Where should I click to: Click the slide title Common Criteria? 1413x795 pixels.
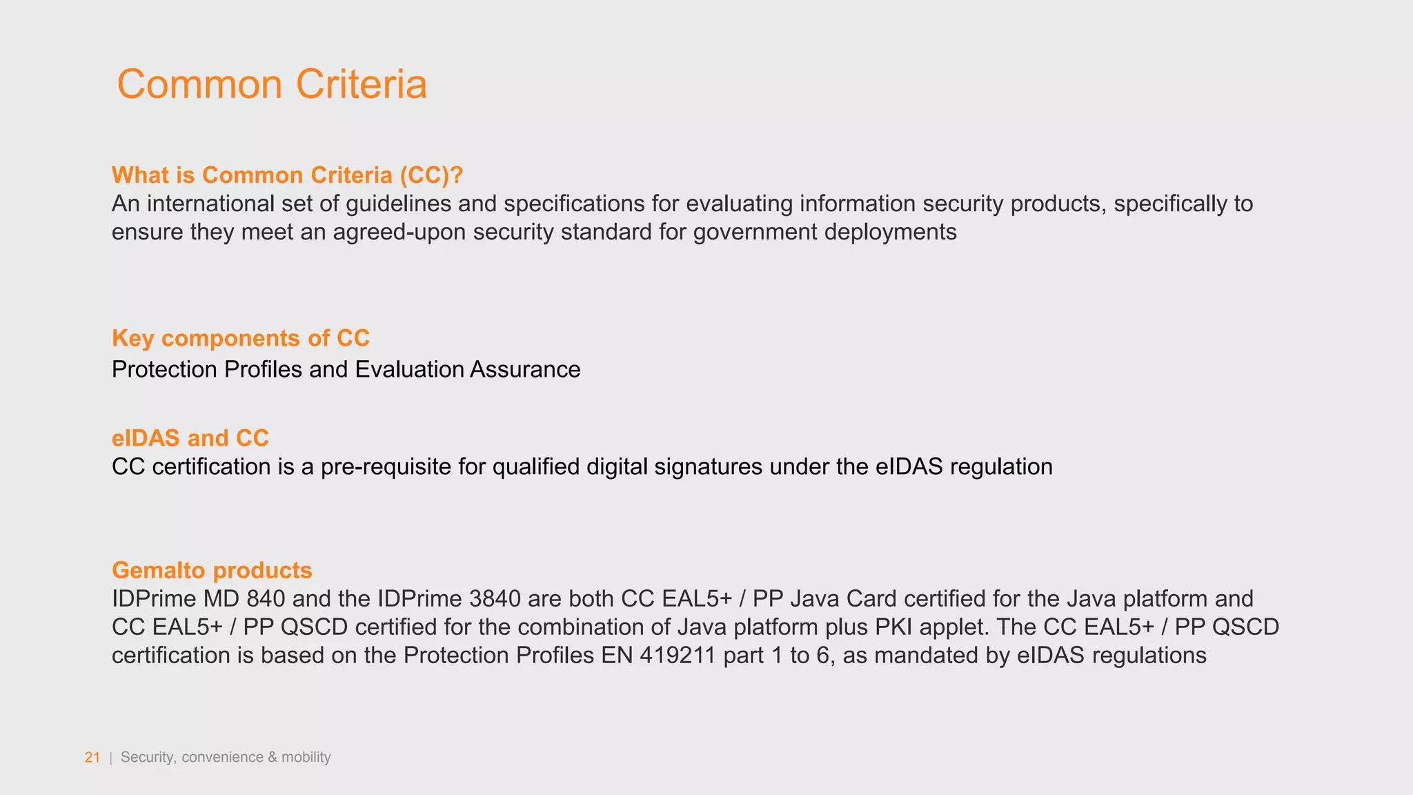point(272,84)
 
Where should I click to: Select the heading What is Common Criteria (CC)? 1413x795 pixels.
point(287,175)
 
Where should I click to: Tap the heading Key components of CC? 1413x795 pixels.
point(241,338)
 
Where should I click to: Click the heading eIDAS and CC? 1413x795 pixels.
point(190,438)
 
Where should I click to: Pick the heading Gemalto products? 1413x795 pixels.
point(212,571)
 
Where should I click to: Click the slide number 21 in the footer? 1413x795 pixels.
point(92,757)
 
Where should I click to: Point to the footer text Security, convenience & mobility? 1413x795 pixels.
point(226,757)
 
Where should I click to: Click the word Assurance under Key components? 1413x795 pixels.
point(525,370)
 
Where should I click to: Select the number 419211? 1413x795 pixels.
point(677,656)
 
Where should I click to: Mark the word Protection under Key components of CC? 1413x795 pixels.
point(164,370)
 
